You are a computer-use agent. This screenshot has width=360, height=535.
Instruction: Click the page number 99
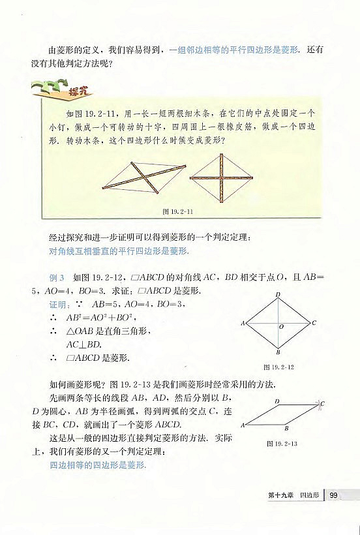[x=333, y=497]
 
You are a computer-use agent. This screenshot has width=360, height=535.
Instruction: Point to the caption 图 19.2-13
[x=282, y=444]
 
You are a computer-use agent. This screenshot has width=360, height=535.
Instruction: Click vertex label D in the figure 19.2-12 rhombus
[x=278, y=295]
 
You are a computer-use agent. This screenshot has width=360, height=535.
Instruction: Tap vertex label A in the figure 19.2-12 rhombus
[x=242, y=323]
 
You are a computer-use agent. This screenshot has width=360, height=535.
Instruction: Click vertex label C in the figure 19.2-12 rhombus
[x=314, y=323]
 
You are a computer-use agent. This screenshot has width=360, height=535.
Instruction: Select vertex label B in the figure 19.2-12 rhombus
[x=278, y=353]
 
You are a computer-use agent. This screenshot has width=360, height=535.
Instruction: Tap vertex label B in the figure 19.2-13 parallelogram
[x=286, y=429]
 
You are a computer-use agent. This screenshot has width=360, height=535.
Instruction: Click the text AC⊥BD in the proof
[x=85, y=344]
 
